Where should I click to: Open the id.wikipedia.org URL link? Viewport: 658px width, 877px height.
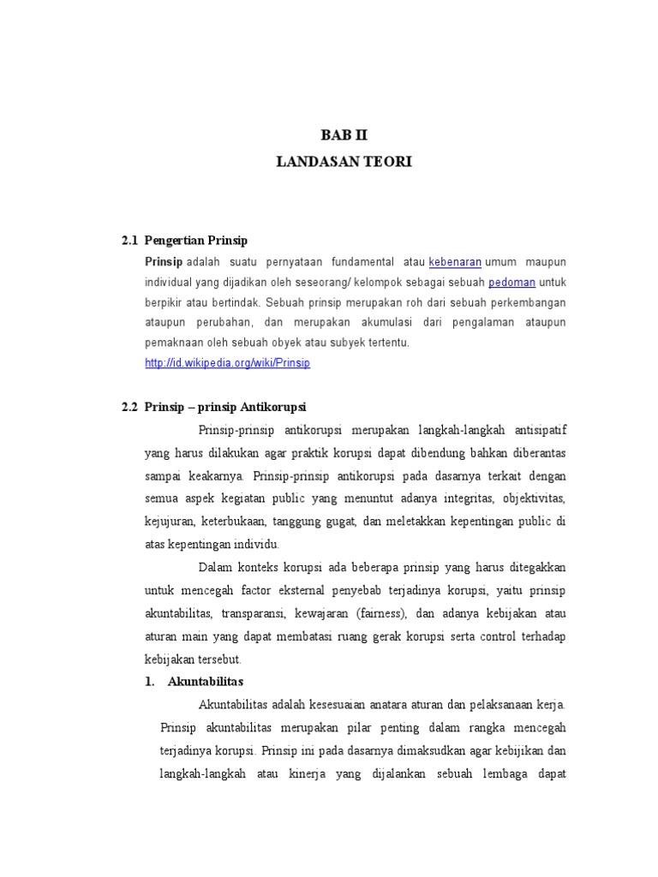pyautogui.click(x=227, y=362)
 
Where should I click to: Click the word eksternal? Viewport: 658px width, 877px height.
pyautogui.click(x=282, y=590)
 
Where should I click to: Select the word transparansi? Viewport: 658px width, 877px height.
pyautogui.click(x=251, y=613)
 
